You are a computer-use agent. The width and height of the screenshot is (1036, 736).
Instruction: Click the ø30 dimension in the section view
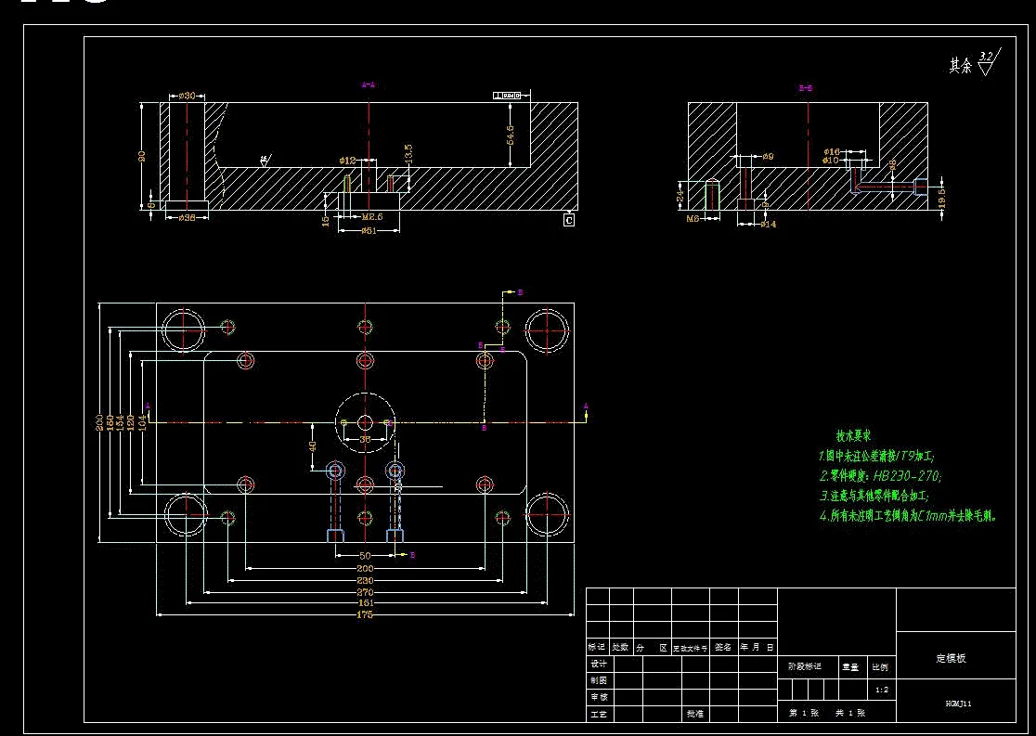(x=186, y=96)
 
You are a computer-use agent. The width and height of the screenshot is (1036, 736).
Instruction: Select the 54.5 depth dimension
(x=511, y=134)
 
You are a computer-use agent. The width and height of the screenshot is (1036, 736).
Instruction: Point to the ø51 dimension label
(x=368, y=228)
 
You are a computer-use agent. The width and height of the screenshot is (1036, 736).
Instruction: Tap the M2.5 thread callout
(x=372, y=217)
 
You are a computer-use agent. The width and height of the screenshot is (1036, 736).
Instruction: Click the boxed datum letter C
(x=569, y=220)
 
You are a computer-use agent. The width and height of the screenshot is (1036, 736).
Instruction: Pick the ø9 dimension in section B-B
(x=768, y=156)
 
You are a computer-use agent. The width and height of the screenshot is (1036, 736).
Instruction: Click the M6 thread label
(x=692, y=220)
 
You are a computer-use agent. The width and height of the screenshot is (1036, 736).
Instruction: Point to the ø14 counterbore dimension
(x=768, y=224)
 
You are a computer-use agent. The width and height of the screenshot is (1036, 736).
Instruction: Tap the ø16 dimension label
(x=832, y=150)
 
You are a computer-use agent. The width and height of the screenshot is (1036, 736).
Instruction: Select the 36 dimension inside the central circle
(x=365, y=438)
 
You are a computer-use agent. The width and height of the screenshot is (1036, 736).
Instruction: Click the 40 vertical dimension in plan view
(x=313, y=445)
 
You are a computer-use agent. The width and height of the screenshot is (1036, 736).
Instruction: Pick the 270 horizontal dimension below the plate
(x=365, y=591)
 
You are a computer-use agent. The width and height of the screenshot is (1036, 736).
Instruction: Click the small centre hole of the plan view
(x=365, y=422)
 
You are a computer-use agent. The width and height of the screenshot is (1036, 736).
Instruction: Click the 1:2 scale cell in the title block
(x=882, y=690)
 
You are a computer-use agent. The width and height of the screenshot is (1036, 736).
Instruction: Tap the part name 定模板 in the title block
(x=951, y=658)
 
